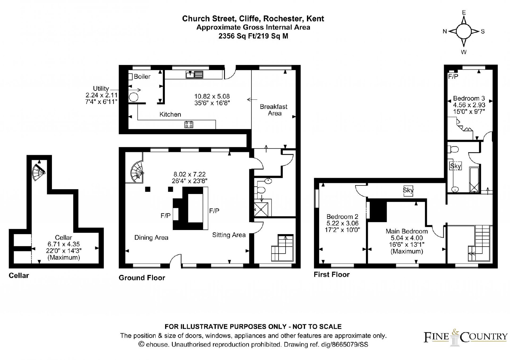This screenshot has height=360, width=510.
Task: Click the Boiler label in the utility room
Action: point(142,76)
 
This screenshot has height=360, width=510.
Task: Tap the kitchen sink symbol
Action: point(194,75)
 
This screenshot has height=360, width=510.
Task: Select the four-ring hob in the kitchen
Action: point(189,125)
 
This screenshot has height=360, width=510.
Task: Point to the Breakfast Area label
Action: point(274,110)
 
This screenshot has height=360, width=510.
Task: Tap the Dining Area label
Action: point(151,238)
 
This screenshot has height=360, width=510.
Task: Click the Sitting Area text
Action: point(229,235)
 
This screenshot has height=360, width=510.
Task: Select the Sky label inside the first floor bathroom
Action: point(455,166)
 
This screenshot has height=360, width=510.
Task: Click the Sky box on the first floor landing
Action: point(408,190)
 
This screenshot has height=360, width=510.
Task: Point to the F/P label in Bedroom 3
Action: point(453,77)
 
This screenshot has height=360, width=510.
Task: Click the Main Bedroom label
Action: point(407,231)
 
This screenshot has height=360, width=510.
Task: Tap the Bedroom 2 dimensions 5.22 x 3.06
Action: point(342,223)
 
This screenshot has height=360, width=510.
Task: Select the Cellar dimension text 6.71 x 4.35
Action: point(63,244)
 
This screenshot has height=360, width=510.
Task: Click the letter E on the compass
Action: point(464,12)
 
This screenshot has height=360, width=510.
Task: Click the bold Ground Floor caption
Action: point(142,278)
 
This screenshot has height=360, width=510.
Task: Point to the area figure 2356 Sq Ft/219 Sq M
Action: point(253,36)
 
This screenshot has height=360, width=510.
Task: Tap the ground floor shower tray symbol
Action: point(261,209)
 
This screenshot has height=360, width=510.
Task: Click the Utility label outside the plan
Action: point(101,89)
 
